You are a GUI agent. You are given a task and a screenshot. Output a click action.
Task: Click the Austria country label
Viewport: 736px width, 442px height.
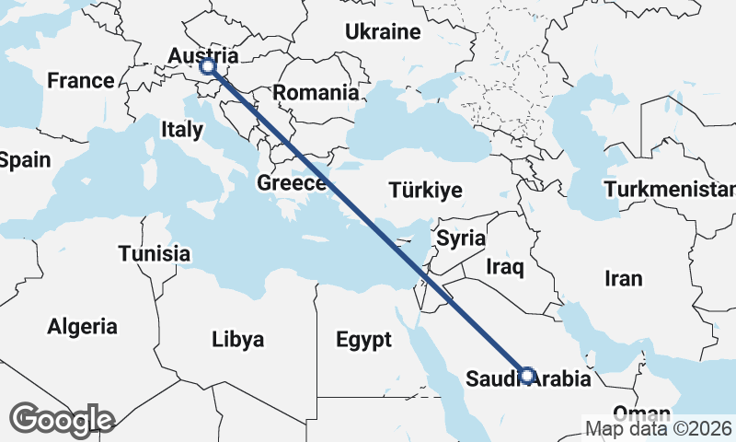pyautogui.click(x=197, y=56)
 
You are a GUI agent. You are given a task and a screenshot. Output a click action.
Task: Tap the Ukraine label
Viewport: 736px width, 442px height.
pyautogui.click(x=383, y=32)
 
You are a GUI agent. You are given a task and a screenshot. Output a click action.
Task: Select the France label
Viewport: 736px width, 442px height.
pyautogui.click(x=81, y=81)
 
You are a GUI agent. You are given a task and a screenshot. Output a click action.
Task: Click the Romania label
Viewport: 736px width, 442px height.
pyautogui.click(x=315, y=92)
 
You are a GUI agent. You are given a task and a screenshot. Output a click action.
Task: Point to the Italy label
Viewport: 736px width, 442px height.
pyautogui.click(x=181, y=130)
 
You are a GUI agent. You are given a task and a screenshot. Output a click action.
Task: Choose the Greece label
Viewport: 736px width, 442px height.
pyautogui.click(x=292, y=182)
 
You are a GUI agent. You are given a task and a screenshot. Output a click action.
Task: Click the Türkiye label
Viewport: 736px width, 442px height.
pyautogui.click(x=424, y=191)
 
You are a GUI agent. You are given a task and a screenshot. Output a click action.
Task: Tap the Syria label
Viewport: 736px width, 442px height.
pyautogui.click(x=461, y=238)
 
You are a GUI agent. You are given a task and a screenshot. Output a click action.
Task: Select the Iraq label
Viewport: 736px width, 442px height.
pyautogui.click(x=505, y=268)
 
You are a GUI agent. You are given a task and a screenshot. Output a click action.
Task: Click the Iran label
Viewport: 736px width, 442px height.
pyautogui.click(x=623, y=278)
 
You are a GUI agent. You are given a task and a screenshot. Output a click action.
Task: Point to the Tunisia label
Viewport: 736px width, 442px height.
pyautogui.click(x=155, y=253)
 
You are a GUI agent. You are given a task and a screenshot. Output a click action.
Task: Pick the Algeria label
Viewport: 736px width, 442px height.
pyautogui.click(x=83, y=326)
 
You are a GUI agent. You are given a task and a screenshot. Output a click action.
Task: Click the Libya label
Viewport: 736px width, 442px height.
pyautogui.click(x=237, y=338)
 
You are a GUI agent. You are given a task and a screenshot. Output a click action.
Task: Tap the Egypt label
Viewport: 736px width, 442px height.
pyautogui.click(x=363, y=340)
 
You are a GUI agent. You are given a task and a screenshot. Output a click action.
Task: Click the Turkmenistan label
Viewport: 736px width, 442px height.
pyautogui.click(x=671, y=190)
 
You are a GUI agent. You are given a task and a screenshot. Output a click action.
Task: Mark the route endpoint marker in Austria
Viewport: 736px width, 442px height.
pyautogui.click(x=208, y=66)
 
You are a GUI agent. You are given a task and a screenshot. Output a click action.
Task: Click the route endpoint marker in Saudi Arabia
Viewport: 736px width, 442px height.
pyautogui.click(x=527, y=375)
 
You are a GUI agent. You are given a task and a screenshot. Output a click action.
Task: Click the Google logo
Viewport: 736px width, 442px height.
pyautogui.click(x=62, y=419)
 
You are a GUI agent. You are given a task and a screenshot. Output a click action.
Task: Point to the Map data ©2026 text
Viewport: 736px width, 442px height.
pyautogui.click(x=659, y=428)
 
